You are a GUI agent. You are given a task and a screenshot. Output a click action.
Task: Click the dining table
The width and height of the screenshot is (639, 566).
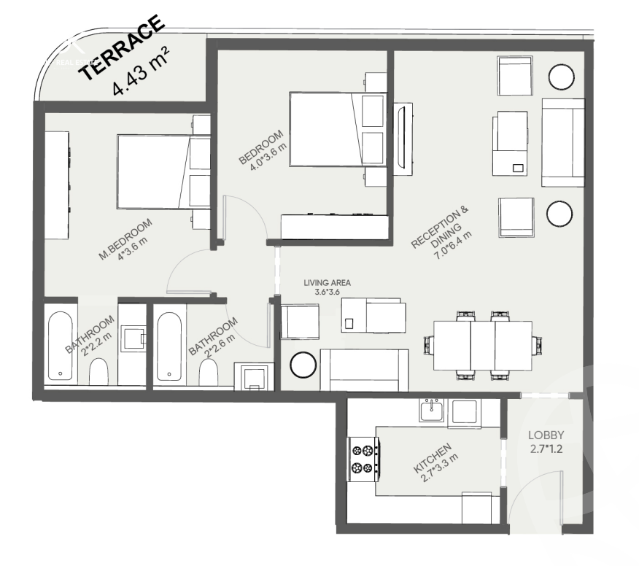click(483, 346)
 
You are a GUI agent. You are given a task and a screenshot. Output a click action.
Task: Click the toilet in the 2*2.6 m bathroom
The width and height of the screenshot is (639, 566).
click(208, 373)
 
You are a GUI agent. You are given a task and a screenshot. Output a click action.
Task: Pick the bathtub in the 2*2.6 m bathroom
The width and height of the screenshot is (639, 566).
click(169, 346)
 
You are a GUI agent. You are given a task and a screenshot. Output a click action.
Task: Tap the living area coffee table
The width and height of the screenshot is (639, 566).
click(373, 315)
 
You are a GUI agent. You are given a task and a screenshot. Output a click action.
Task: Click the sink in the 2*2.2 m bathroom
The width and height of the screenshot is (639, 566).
click(133, 338)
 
